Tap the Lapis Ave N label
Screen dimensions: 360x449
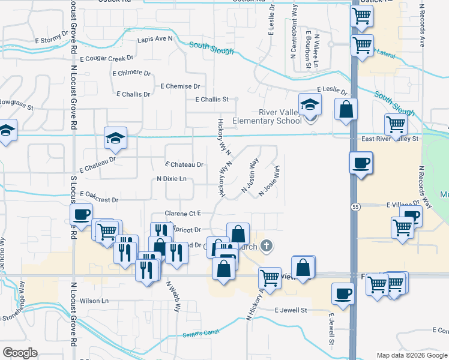pos(155,39)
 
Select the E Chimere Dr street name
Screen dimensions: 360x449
pos(131,73)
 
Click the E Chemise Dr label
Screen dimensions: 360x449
pos(180,86)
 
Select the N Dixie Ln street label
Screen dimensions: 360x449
pos(172,179)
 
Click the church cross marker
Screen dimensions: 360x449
pos(267,245)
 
